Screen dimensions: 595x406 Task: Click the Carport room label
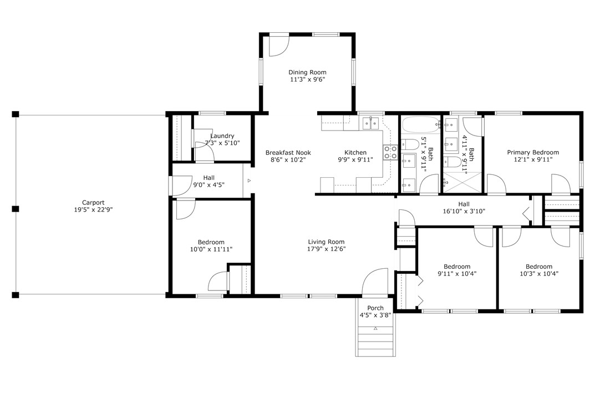pyautogui.click(x=93, y=203)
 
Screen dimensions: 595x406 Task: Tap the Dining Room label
pyautogui.click(x=307, y=72)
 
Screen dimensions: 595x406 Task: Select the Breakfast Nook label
pyautogui.click(x=288, y=152)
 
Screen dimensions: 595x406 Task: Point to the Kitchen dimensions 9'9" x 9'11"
pyautogui.click(x=355, y=160)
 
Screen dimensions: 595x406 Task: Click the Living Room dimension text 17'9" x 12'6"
pyautogui.click(x=327, y=249)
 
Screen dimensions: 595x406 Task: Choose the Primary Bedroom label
pyautogui.click(x=533, y=152)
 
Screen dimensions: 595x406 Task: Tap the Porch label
pyautogui.click(x=375, y=308)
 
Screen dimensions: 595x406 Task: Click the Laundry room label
pyautogui.click(x=222, y=136)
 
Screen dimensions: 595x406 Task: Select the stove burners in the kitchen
pyautogui.click(x=390, y=152)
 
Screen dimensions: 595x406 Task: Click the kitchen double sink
pyautogui.click(x=370, y=123)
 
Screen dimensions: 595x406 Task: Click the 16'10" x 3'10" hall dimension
pyautogui.click(x=464, y=212)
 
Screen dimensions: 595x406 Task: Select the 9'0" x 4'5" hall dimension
pyautogui.click(x=208, y=185)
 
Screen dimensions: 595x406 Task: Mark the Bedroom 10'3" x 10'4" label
pyautogui.click(x=539, y=270)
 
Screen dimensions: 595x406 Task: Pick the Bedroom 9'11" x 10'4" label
pyautogui.click(x=457, y=270)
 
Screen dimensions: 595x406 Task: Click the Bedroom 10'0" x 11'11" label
pyautogui.click(x=211, y=245)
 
